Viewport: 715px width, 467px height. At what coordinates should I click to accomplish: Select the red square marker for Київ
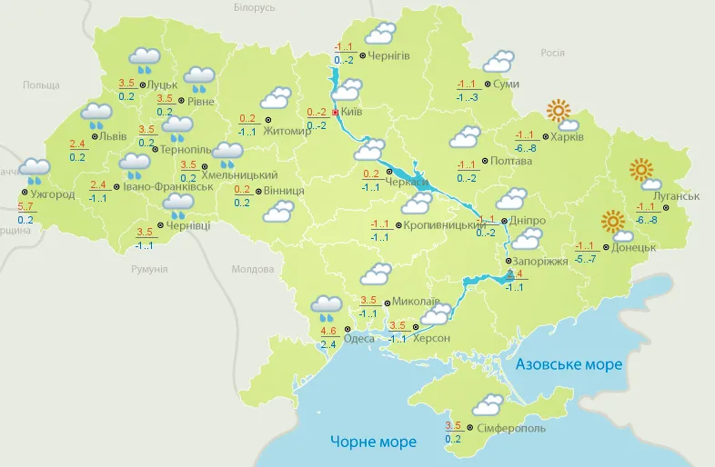tap(336, 113)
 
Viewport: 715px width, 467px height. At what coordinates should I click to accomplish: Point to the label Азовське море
tap(569, 364)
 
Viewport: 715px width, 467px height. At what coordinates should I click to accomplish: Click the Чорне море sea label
tap(373, 442)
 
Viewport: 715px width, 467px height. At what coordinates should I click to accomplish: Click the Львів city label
tap(113, 136)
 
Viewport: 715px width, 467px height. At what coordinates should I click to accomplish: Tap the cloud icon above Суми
tap(498, 61)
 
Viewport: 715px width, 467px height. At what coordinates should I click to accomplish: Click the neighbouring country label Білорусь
tap(254, 7)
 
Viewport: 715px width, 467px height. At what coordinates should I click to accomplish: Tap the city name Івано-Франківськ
tap(165, 186)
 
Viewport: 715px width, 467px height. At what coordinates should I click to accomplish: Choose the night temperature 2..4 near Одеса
tap(328, 344)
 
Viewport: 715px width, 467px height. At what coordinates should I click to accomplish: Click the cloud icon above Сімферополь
tap(488, 404)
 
